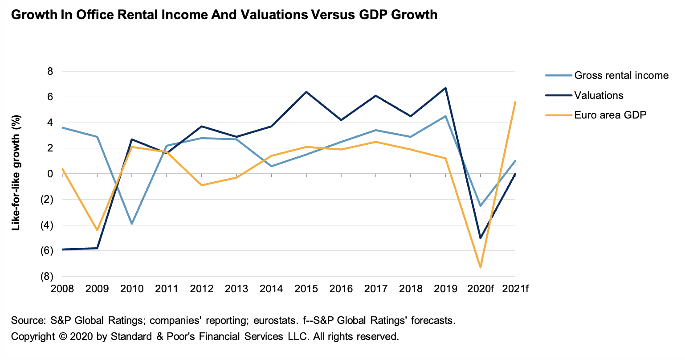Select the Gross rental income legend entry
point(621,75)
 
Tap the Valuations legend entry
point(599,95)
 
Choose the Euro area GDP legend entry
point(610,115)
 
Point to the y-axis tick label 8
point(50,71)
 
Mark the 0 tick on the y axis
point(50,174)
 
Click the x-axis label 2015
point(306,289)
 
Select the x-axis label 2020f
point(480,289)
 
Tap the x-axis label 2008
point(62,289)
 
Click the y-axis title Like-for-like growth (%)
point(16,173)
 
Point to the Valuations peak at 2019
point(446,88)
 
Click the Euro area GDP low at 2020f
point(481,267)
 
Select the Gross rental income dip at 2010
point(132,224)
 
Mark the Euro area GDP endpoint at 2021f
point(515,102)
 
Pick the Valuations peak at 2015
point(306,92)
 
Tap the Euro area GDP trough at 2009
point(97,230)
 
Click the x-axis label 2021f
point(515,289)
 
